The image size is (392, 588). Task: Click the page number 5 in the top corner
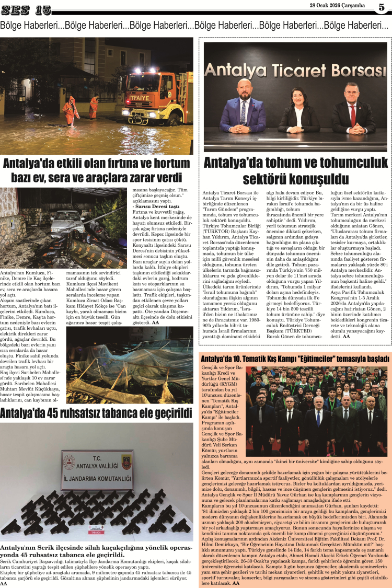pyautogui.click(x=382, y=7)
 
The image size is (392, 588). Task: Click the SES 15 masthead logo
pyautogui.click(x=26, y=9)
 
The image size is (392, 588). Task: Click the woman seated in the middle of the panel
pyautogui.click(x=299, y=111)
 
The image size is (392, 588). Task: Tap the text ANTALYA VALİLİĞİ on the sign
pyautogui.click(x=97, y=463)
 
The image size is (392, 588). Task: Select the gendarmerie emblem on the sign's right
pyautogui.click(x=125, y=462)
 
